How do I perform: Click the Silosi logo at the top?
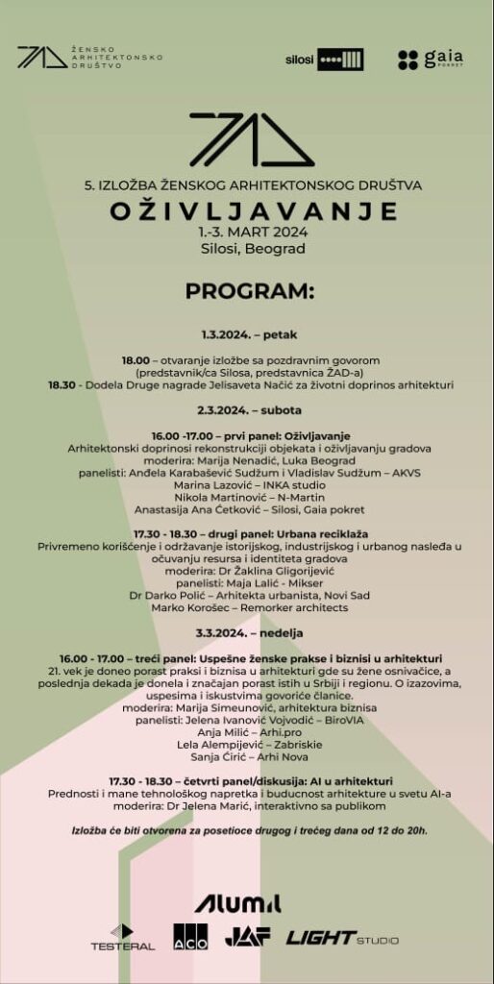(324, 60)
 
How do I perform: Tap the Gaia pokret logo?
(430, 60)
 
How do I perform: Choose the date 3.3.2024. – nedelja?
(249, 632)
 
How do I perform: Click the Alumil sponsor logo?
(237, 902)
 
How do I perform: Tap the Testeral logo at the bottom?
(122, 937)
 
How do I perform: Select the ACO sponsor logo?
(190, 937)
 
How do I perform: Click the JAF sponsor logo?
(247, 937)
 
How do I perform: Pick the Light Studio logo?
(341, 938)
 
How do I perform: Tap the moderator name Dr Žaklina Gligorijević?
(268, 571)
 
